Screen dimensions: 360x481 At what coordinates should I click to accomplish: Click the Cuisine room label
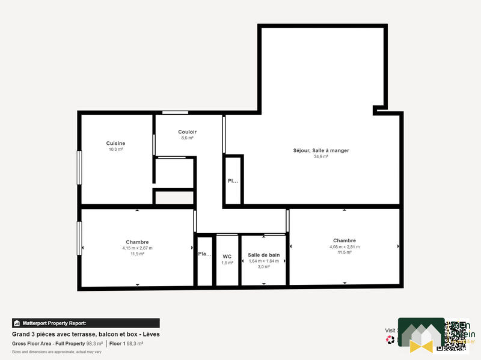[x=115, y=143]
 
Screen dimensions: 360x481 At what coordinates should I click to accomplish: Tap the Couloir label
[x=187, y=132]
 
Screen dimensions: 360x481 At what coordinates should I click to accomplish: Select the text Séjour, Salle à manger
[x=320, y=150]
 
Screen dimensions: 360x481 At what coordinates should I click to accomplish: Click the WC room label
[x=227, y=256]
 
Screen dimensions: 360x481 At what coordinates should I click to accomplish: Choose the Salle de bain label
[x=264, y=255]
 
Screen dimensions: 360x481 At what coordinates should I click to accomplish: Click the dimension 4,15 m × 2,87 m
[x=137, y=248]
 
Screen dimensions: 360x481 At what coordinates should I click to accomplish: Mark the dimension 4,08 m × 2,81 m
[x=344, y=246]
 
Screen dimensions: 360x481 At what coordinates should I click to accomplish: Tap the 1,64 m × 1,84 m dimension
[x=264, y=261]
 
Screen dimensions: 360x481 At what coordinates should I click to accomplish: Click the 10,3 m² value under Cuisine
[x=115, y=149]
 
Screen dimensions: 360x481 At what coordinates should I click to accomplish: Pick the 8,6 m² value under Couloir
[x=187, y=138]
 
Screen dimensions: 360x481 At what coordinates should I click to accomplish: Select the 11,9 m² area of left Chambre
[x=137, y=254]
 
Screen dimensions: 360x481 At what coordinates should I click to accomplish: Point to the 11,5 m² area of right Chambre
[x=344, y=252]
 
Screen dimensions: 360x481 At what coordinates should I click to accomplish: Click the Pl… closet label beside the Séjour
[x=232, y=181]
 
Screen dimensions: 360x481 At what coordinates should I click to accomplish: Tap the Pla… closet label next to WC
[x=204, y=254]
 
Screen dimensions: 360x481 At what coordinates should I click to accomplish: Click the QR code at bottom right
[x=452, y=335]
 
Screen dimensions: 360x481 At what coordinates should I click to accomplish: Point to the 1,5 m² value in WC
[x=227, y=263]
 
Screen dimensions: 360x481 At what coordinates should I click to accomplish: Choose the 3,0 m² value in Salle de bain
[x=264, y=266]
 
